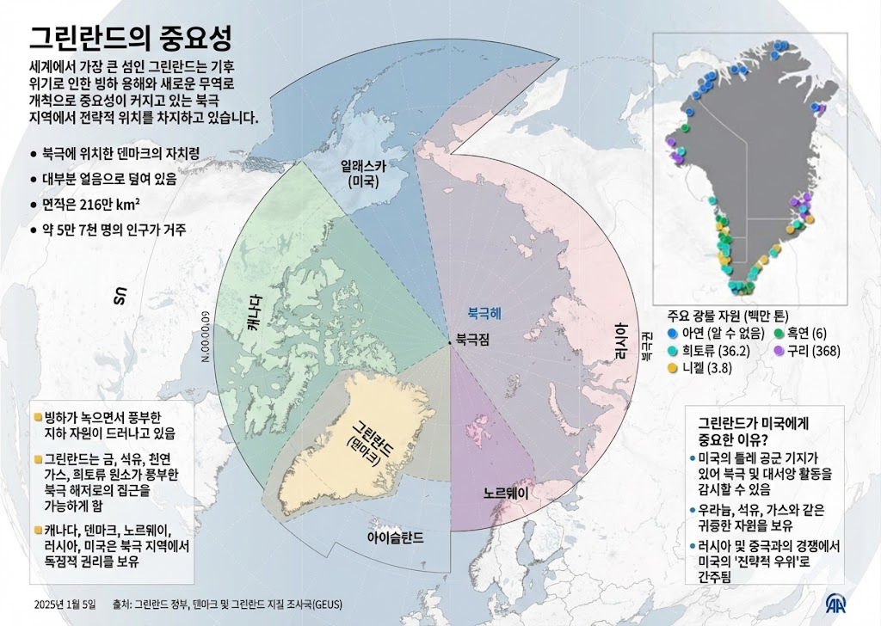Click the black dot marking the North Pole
tap(450, 344)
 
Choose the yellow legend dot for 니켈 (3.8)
tap(672, 368)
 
